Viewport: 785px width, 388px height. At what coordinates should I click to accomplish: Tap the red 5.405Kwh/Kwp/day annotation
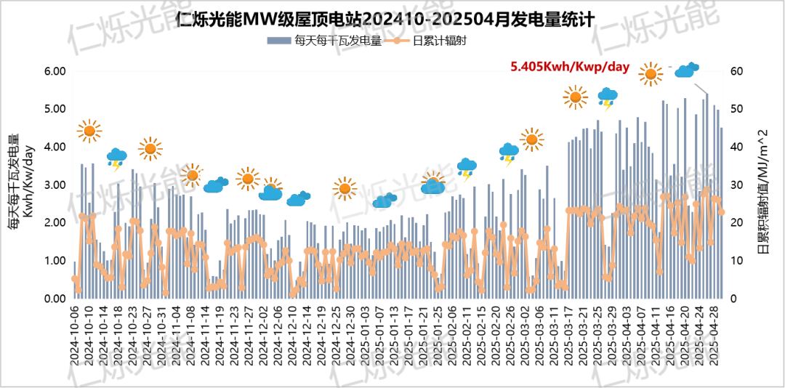click(x=570, y=67)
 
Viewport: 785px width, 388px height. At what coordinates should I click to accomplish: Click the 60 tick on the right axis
click(x=736, y=71)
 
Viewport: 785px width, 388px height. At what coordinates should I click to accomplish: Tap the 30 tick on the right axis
click(x=736, y=185)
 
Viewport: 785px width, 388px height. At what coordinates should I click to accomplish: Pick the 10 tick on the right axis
click(x=736, y=261)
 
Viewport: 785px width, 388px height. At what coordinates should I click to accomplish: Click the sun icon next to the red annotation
click(x=651, y=73)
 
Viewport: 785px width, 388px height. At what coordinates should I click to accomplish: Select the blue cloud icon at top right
click(x=686, y=70)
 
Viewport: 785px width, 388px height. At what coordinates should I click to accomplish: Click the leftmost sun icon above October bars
click(x=89, y=131)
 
